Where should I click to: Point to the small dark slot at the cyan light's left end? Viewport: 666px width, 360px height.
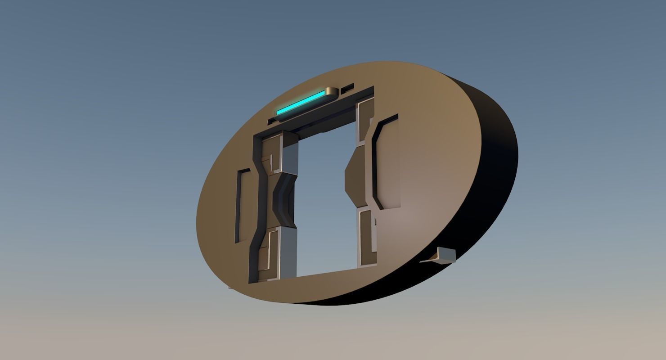(x=271, y=121)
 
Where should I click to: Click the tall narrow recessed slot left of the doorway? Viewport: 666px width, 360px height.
(x=242, y=206)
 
